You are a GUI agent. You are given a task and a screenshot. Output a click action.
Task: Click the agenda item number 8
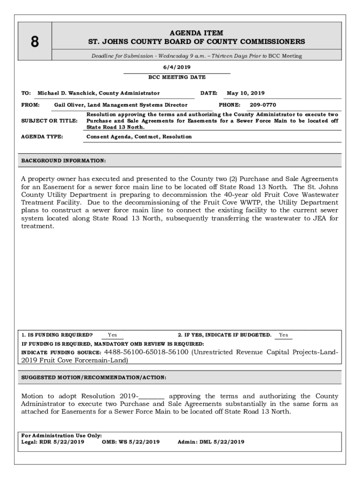pyautogui.click(x=35, y=42)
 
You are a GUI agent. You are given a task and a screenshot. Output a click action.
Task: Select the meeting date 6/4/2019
pyautogui.click(x=177, y=67)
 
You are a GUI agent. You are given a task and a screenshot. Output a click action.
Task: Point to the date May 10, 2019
pyautogui.click(x=245, y=93)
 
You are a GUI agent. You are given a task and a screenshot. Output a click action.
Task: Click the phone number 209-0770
pyautogui.click(x=263, y=105)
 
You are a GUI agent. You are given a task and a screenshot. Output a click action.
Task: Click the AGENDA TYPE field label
pyautogui.click(x=42, y=137)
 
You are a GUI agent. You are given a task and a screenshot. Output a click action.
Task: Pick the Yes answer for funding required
pyautogui.click(x=112, y=335)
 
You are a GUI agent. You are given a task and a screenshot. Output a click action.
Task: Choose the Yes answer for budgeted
pyautogui.click(x=283, y=335)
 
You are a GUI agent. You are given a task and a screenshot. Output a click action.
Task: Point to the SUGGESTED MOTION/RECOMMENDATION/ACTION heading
pyautogui.click(x=94, y=377)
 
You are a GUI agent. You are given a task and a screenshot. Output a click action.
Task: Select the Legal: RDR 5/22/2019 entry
pyautogui.click(x=53, y=442)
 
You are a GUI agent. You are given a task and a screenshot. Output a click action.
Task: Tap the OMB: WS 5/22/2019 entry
pyautogui.click(x=130, y=442)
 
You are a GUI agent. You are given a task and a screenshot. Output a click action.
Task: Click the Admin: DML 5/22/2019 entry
pyautogui.click(x=211, y=442)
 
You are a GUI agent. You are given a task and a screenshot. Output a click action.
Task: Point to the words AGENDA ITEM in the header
pyautogui.click(x=196, y=33)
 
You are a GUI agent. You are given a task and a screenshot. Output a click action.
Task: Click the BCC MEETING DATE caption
pyautogui.click(x=177, y=77)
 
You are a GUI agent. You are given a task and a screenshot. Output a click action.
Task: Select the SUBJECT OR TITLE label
pyautogui.click(x=50, y=121)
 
